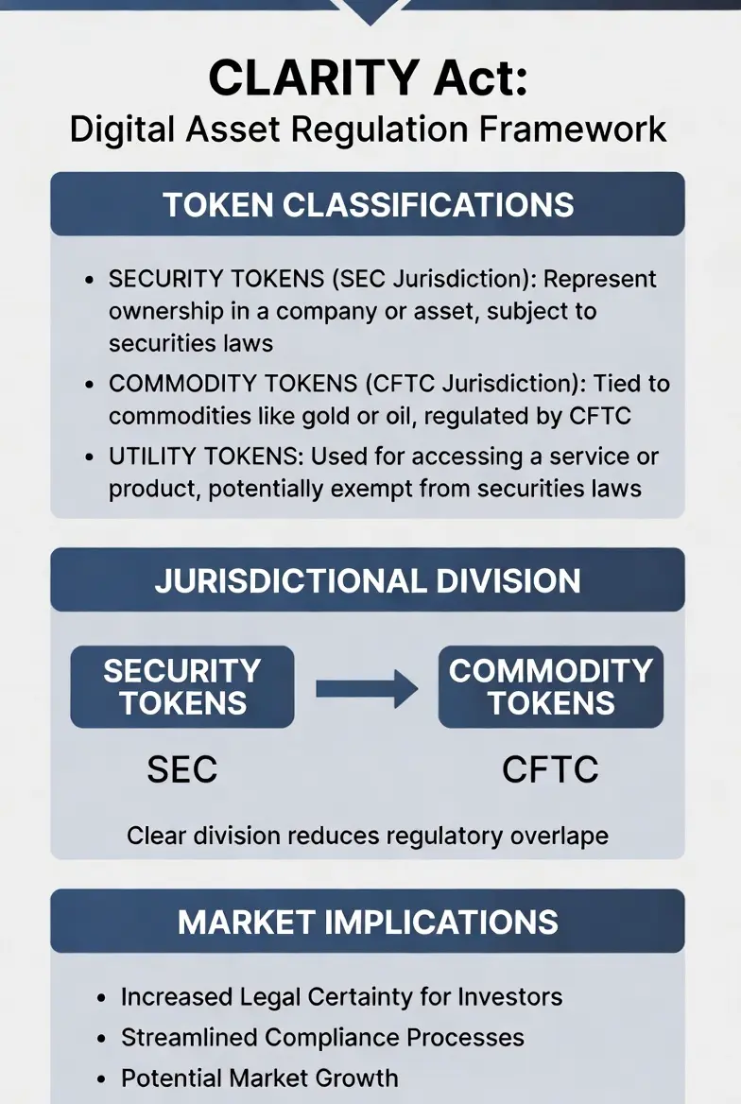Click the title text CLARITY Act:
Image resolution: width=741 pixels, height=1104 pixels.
click(368, 78)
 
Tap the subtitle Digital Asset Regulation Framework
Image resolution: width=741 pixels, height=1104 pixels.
click(368, 129)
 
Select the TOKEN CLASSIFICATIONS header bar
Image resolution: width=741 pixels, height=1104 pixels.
click(368, 204)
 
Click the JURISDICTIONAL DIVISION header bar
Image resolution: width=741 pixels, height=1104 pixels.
click(368, 579)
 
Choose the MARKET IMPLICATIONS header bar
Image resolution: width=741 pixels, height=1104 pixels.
click(368, 922)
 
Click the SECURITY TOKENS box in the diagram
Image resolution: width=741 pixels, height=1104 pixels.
click(182, 687)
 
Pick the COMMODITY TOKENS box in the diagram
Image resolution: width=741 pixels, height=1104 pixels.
click(551, 687)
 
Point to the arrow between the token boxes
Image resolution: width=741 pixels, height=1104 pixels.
click(367, 688)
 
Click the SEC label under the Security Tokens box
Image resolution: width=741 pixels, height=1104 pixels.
click(182, 769)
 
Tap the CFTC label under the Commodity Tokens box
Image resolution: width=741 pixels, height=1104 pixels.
click(550, 769)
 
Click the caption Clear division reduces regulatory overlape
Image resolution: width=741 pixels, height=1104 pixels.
click(368, 836)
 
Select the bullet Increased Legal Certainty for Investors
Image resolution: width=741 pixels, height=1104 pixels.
click(341, 996)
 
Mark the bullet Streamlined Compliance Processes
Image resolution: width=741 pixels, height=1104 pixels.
click(322, 1037)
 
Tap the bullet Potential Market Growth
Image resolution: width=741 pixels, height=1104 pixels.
click(259, 1078)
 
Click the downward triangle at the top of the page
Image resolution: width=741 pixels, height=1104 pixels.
click(370, 10)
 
